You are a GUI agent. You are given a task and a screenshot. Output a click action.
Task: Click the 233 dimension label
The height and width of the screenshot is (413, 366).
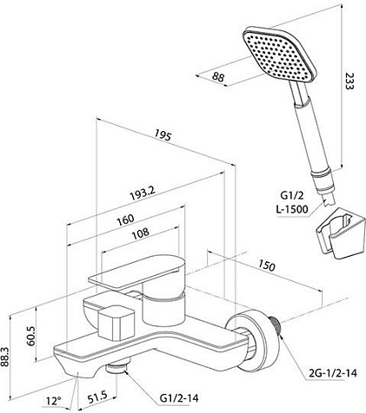(349, 81)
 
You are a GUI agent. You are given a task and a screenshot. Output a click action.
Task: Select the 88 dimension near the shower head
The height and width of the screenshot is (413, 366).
(218, 77)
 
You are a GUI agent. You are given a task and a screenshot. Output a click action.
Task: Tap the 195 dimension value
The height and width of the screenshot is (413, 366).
(163, 135)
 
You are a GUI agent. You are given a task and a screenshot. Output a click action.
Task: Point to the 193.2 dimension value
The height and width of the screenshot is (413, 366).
(143, 193)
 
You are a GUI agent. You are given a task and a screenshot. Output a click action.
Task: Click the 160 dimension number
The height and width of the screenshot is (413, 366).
(125, 220)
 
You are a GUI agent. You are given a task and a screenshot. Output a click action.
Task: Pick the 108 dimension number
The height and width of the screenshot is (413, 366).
(141, 233)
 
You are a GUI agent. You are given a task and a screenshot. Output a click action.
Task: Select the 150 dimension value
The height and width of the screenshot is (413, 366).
(266, 265)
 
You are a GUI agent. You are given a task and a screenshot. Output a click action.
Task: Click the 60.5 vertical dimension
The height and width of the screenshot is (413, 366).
(30, 336)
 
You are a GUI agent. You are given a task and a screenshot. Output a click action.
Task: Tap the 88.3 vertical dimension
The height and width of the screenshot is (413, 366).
(5, 357)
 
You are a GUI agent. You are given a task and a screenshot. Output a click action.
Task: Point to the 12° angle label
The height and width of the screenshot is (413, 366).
(54, 401)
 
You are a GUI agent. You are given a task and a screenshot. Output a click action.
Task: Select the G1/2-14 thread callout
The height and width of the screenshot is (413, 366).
(179, 397)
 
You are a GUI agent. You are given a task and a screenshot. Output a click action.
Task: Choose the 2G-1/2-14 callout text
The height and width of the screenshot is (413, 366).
(333, 373)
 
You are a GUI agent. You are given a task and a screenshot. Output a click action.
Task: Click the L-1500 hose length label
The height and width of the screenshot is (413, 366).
(292, 209)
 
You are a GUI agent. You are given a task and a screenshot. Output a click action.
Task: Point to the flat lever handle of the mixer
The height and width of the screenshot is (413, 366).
(136, 272)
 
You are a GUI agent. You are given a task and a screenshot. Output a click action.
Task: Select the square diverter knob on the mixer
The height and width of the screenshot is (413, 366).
(116, 323)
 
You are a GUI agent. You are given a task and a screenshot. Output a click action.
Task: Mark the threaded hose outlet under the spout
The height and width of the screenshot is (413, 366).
(117, 366)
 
